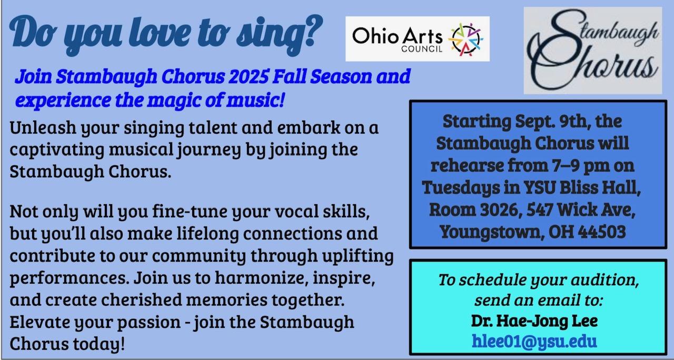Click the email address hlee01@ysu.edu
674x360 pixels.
(x=534, y=342)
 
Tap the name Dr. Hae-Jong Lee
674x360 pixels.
(x=534, y=321)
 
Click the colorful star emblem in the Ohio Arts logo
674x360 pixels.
(x=466, y=39)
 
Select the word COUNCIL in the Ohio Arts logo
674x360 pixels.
(x=422, y=49)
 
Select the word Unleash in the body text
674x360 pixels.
(x=43, y=127)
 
